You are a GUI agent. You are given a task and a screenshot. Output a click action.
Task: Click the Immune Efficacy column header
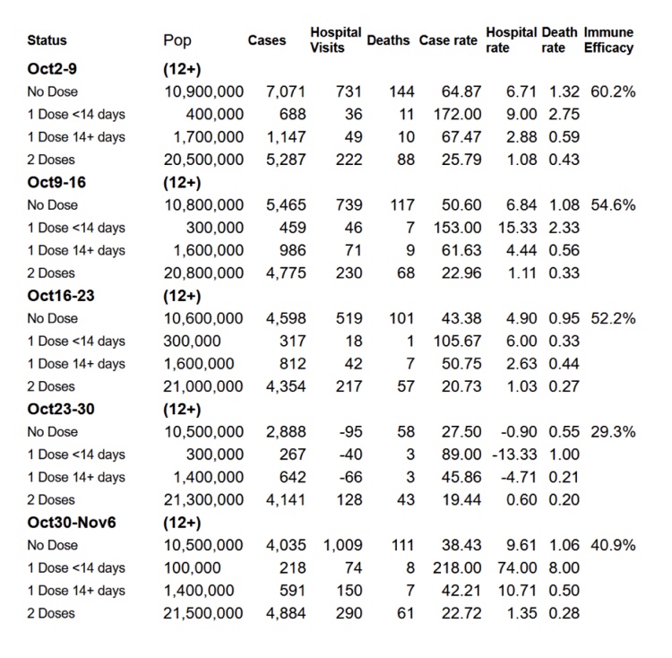(608, 40)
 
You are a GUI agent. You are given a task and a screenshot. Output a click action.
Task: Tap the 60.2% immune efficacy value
(614, 91)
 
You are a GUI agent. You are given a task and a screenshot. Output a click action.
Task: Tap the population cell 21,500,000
(203, 613)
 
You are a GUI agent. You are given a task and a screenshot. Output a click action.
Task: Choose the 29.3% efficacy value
(614, 431)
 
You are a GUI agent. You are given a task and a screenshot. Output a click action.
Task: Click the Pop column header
(177, 40)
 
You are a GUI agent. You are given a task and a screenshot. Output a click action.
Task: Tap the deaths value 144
(400, 91)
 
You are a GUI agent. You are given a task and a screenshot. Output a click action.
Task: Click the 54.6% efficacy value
(614, 204)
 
